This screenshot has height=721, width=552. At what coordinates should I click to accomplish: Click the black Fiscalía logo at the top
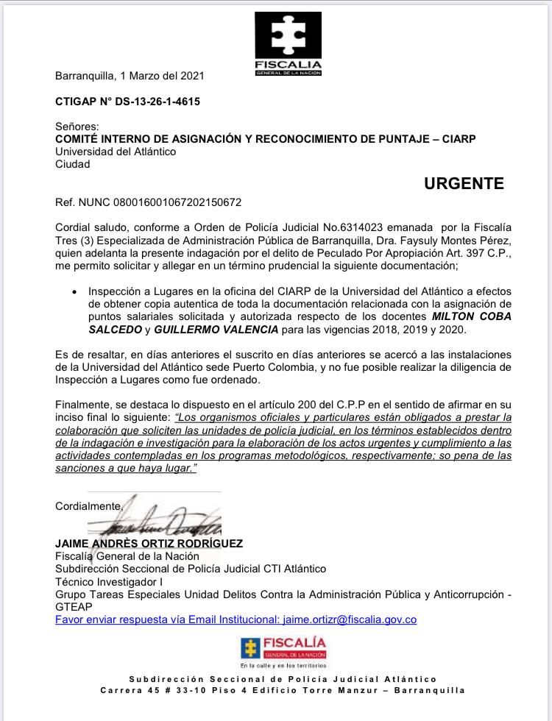point(288,44)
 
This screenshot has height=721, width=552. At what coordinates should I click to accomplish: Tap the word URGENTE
point(464,184)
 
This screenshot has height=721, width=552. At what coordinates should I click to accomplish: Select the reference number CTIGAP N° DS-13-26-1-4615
point(127,102)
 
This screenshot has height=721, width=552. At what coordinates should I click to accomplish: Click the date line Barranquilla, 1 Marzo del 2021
point(130,75)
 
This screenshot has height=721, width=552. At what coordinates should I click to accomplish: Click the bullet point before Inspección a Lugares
point(75,292)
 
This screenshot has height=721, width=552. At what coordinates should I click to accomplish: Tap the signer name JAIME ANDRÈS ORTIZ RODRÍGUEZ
point(149,543)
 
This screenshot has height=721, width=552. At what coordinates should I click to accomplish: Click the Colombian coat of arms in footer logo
point(250,648)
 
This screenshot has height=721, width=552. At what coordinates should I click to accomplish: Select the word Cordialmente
point(88,506)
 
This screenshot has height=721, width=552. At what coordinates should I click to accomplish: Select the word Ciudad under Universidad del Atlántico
point(73,165)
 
